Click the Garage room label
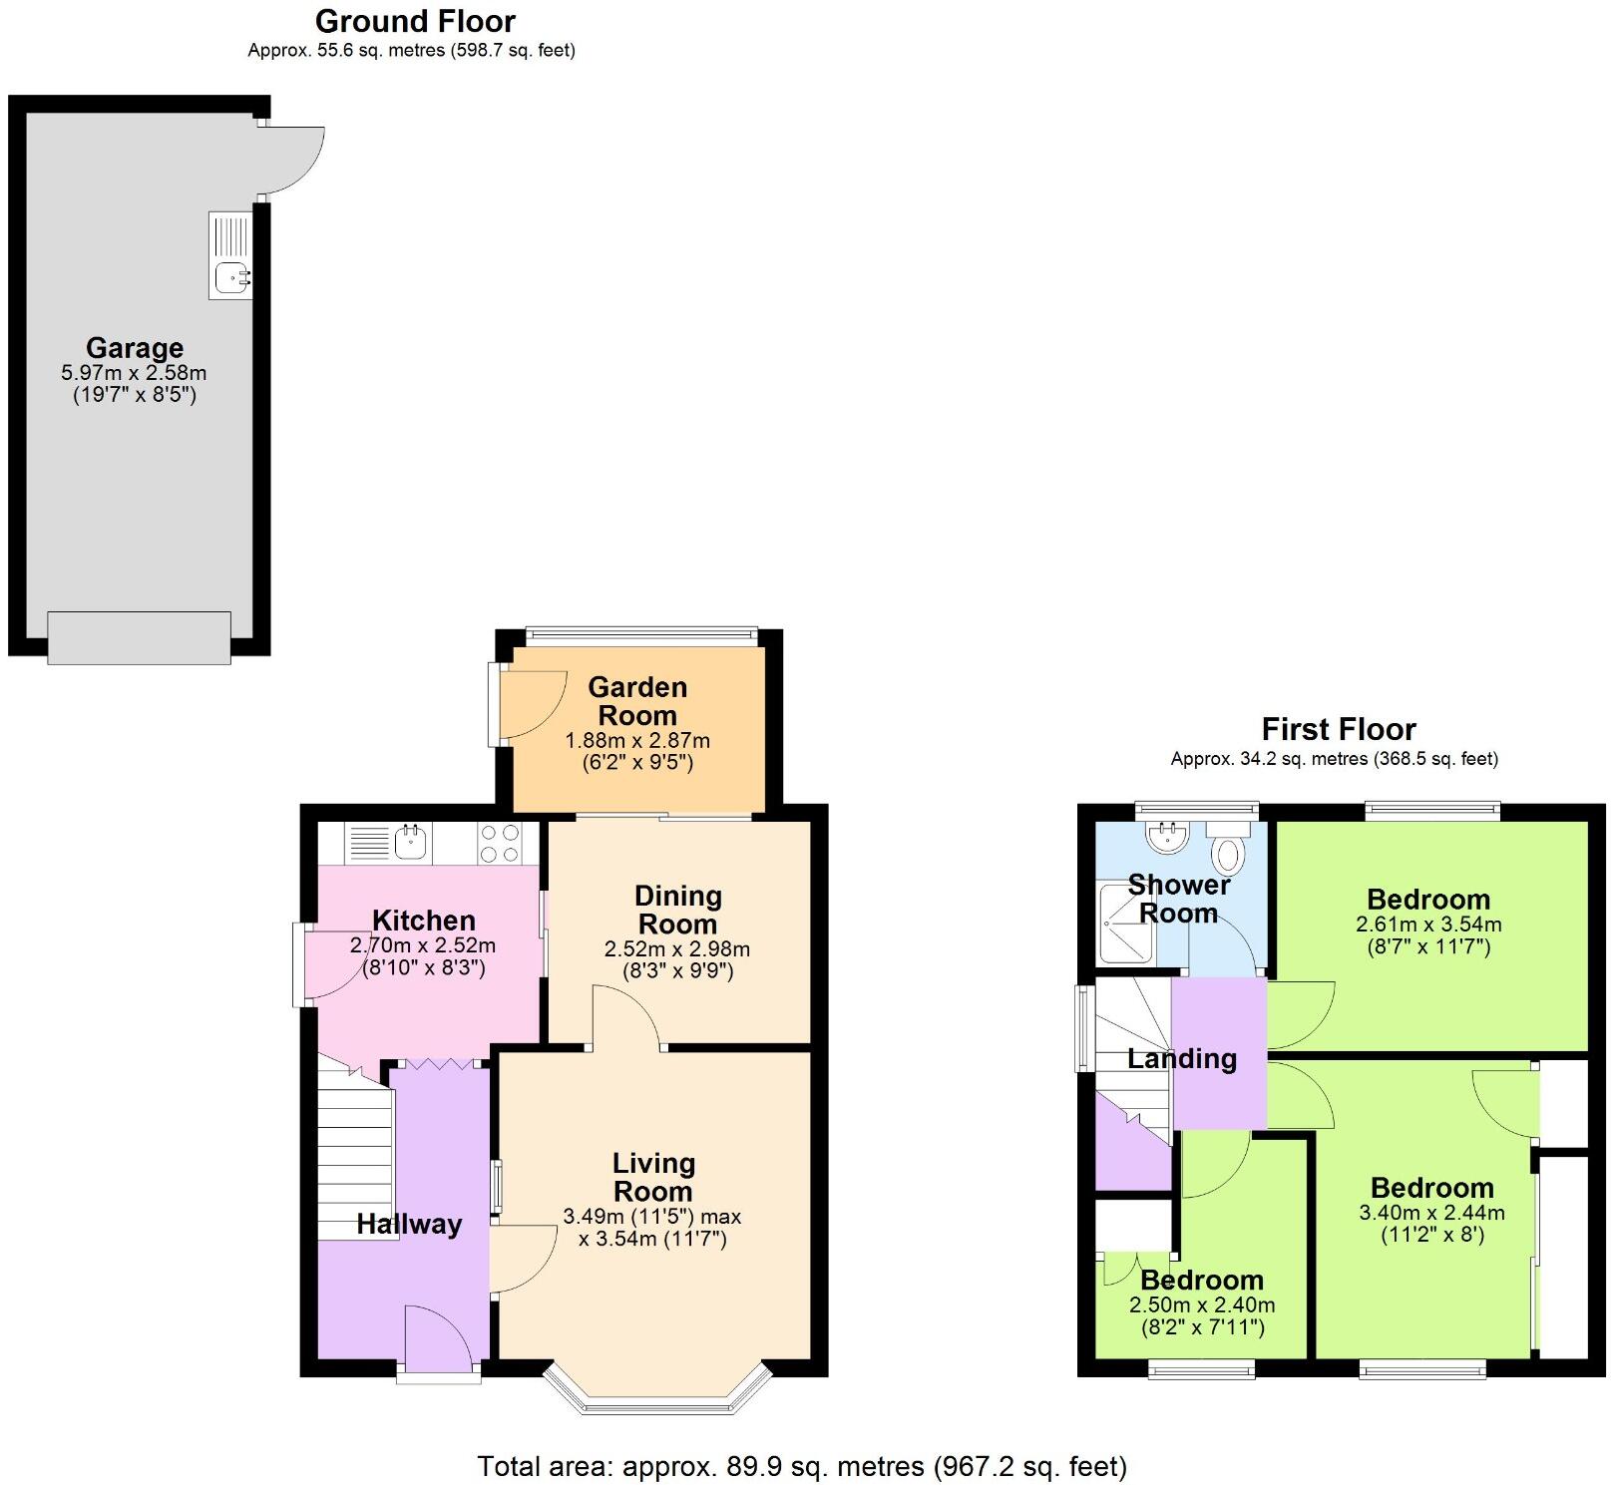click(x=135, y=348)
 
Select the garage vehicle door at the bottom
click(x=140, y=638)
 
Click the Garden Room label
click(x=637, y=701)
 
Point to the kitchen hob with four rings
click(x=499, y=843)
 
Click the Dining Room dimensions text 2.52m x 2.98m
click(x=677, y=949)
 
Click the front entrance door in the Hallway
click(x=437, y=1341)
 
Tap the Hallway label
click(x=409, y=1225)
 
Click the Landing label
click(x=1182, y=1059)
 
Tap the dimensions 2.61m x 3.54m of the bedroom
click(x=1428, y=925)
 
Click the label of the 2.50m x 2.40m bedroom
click(x=1202, y=1281)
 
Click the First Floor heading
click(x=1339, y=729)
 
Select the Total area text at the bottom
click(x=802, y=1466)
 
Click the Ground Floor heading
click(x=415, y=21)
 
